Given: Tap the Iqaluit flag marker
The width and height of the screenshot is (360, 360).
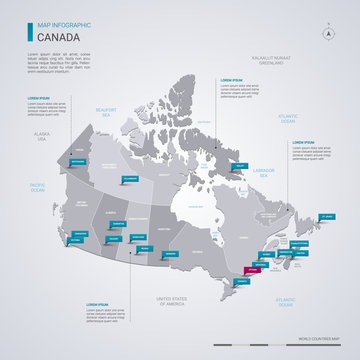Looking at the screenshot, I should [x=240, y=165].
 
